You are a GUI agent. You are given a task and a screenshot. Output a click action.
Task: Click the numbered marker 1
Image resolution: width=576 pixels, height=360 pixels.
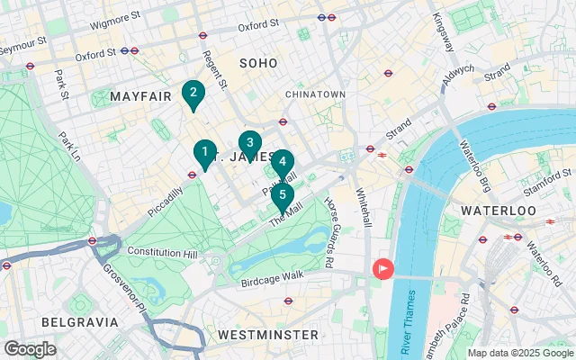(205, 153)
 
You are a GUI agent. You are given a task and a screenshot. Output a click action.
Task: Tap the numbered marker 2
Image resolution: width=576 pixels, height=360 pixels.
(192, 93)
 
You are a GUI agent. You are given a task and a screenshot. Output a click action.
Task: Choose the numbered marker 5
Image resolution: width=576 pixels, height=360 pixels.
(283, 194)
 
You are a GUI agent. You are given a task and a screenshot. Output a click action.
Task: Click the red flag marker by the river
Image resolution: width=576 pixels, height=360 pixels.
(382, 269)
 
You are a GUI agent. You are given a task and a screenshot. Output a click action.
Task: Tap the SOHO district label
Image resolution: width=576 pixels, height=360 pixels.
(258, 62)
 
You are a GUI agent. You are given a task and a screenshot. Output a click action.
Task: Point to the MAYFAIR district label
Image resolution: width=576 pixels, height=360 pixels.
(140, 95)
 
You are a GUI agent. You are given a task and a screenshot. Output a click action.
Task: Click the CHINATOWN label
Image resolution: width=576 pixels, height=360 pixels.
(315, 94)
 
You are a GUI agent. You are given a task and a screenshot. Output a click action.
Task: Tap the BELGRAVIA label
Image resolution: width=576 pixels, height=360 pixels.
(79, 321)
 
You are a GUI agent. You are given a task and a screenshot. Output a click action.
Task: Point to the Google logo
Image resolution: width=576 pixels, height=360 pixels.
(30, 348)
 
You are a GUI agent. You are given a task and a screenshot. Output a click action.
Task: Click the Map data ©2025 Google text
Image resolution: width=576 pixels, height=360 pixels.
(519, 353)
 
